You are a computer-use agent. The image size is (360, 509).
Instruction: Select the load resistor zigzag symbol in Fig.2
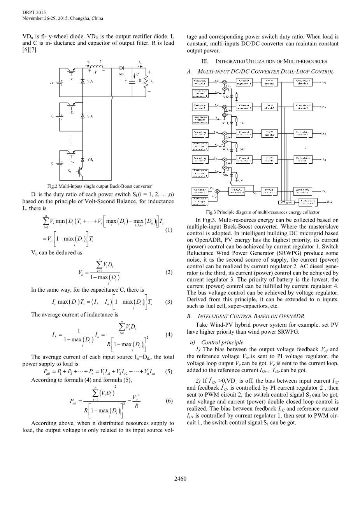[145, 82]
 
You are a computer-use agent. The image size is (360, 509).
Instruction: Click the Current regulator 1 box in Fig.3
[245, 82]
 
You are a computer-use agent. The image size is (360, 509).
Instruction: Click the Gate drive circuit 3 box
[302, 133]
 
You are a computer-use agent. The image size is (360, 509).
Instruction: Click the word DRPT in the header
[29, 13]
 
